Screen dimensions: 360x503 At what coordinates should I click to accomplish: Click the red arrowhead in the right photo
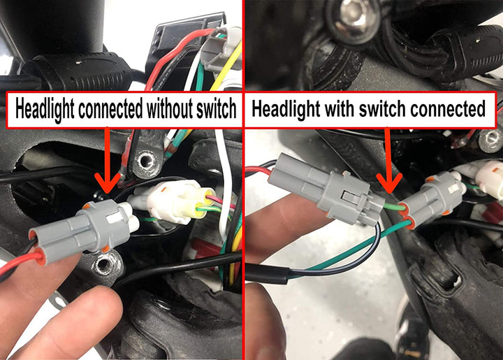click(x=391, y=184)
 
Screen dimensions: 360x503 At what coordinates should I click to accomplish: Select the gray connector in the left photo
click(x=84, y=227)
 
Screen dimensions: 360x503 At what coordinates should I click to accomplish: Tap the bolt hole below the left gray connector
click(x=106, y=264)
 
